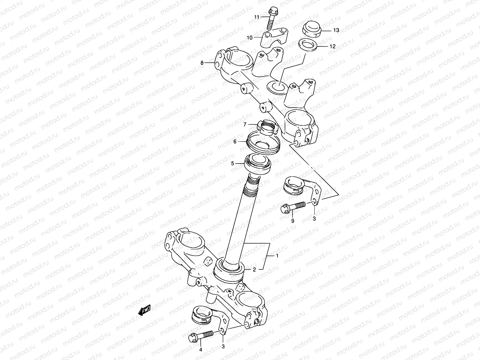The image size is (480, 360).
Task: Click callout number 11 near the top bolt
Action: click(x=256, y=17)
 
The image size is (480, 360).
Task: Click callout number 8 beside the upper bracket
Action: click(x=202, y=63)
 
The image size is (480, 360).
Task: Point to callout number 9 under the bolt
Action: click(x=293, y=220)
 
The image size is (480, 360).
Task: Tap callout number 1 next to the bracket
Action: click(x=277, y=256)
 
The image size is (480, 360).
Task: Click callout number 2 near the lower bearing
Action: click(x=254, y=270)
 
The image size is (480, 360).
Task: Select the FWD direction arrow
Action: click(x=144, y=311)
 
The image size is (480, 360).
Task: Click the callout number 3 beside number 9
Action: click(x=314, y=219)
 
